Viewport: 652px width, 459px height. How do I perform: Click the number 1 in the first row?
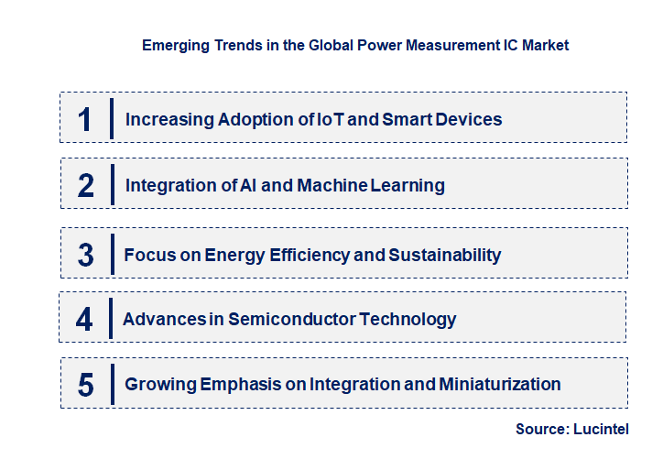click(85, 119)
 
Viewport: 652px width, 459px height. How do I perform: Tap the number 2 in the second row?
click(86, 186)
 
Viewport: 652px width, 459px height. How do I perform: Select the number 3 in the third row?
click(86, 255)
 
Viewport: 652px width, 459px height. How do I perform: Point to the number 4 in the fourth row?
click(85, 320)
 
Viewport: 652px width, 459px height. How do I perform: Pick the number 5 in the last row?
click(86, 385)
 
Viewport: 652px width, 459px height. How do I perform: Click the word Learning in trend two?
click(408, 186)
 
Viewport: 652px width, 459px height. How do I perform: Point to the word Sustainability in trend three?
click(445, 255)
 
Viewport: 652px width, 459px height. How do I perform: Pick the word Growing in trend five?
click(158, 385)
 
